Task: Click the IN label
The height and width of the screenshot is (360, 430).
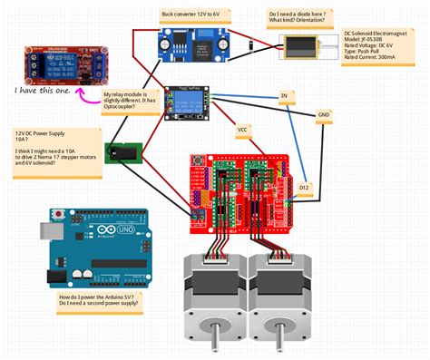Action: (284, 95)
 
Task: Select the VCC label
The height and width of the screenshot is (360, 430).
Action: (242, 130)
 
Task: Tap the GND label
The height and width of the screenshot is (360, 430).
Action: (324, 114)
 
